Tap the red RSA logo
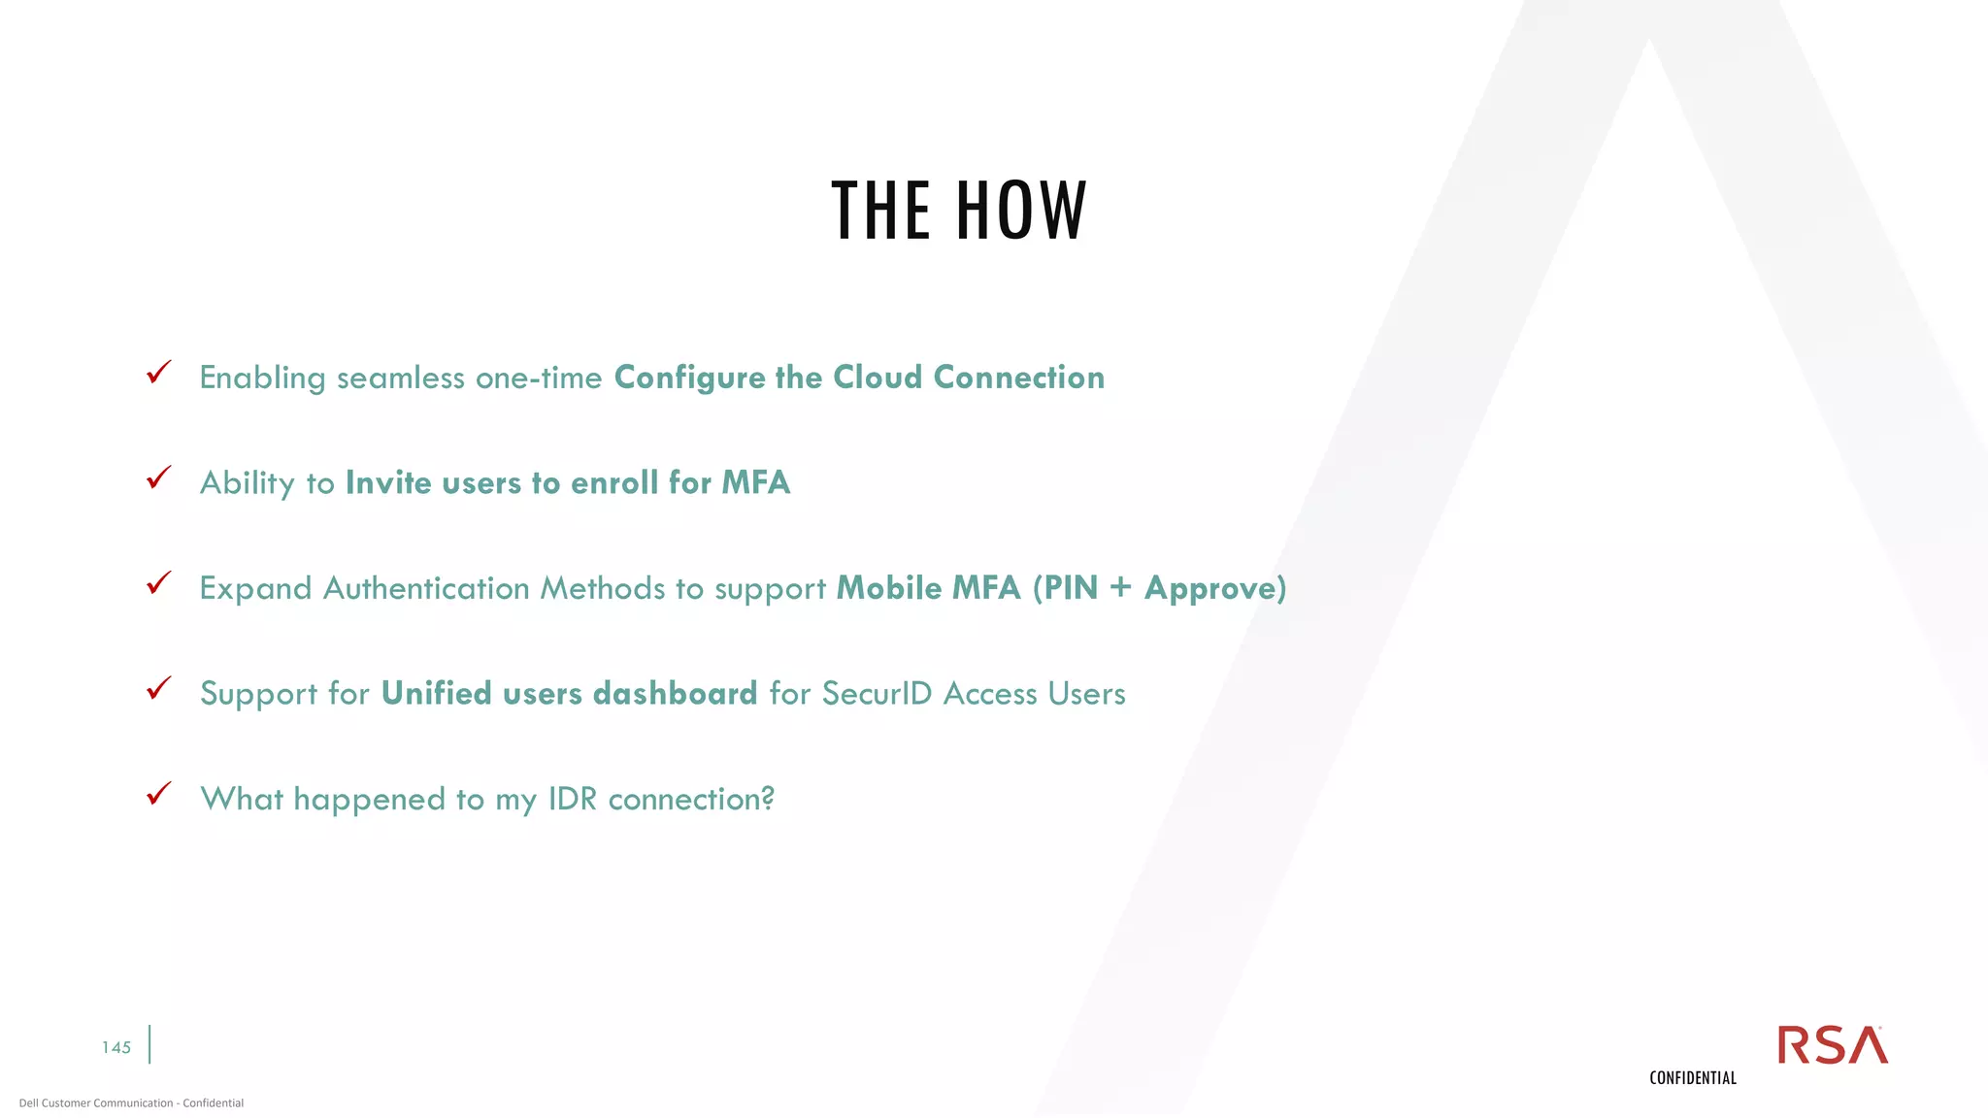pyautogui.click(x=1832, y=1045)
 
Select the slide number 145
pyautogui.click(x=116, y=1047)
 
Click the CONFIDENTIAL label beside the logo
pyautogui.click(x=1693, y=1078)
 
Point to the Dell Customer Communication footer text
pyautogui.click(x=131, y=1102)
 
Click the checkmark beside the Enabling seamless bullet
pyautogui.click(x=158, y=373)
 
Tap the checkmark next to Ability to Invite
pyautogui.click(x=158, y=477)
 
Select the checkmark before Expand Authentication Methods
pyautogui.click(x=158, y=583)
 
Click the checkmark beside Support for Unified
pyautogui.click(x=158, y=688)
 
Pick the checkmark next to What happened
pyautogui.click(x=158, y=794)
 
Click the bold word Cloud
pyautogui.click(x=878, y=377)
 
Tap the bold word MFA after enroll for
pyautogui.click(x=756, y=482)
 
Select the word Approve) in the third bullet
pyautogui.click(x=1215, y=588)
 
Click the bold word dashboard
pyautogui.click(x=675, y=693)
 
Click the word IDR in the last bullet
pyautogui.click(x=573, y=799)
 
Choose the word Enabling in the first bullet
pyautogui.click(x=262, y=378)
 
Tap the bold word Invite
pyautogui.click(x=388, y=482)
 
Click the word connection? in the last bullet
pyautogui.click(x=691, y=799)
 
